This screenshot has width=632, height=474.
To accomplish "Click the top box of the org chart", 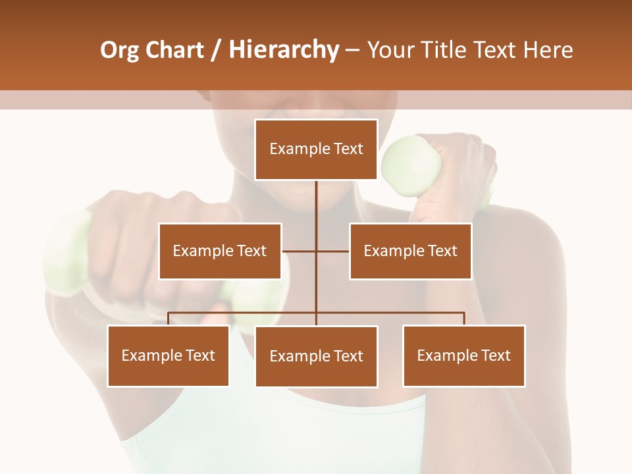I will pyautogui.click(x=316, y=149).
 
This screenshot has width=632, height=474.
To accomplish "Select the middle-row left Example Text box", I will pyautogui.click(x=220, y=251).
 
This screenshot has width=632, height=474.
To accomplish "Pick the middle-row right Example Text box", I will pyautogui.click(x=410, y=251).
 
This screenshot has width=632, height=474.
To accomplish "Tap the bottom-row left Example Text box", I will pyautogui.click(x=168, y=355).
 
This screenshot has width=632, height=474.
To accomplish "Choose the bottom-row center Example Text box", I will pyautogui.click(x=316, y=356).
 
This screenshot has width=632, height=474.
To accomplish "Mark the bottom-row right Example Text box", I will pyautogui.click(x=463, y=355).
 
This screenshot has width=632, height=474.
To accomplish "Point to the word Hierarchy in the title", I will pyautogui.click(x=284, y=50).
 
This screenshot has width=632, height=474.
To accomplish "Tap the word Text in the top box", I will pyautogui.click(x=347, y=149).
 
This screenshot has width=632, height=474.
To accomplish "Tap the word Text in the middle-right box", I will pyautogui.click(x=441, y=251).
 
